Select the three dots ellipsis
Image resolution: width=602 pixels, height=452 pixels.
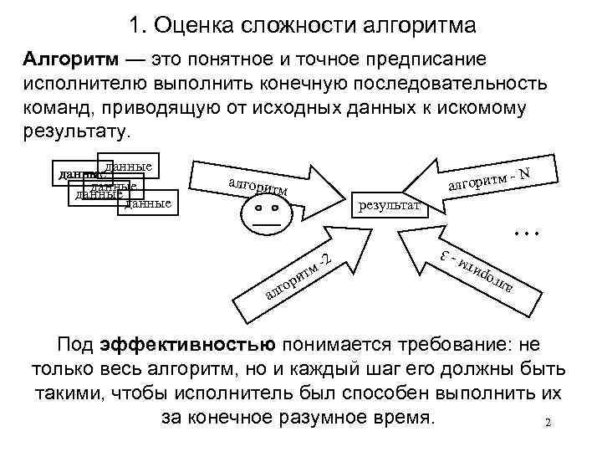pyautogui.click(x=526, y=228)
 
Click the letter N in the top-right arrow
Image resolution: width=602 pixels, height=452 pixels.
pyautogui.click(x=524, y=173)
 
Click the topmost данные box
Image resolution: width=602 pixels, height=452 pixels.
pyautogui.click(x=128, y=167)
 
